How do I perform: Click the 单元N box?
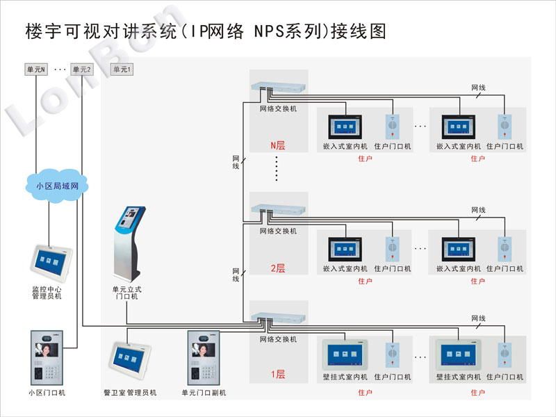36,69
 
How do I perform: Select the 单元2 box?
81,69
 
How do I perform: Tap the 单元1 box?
122,69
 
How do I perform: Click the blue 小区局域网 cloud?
57,186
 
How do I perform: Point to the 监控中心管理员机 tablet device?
51,263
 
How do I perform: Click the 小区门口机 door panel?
47,357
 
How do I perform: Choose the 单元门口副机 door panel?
204,357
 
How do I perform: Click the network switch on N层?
279,87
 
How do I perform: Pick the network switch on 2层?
279,209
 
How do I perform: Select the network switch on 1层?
279,318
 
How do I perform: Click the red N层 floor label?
278,145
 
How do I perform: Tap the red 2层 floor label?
278,268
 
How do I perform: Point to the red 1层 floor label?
278,374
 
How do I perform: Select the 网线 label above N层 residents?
478,88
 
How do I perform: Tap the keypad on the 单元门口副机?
208,373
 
